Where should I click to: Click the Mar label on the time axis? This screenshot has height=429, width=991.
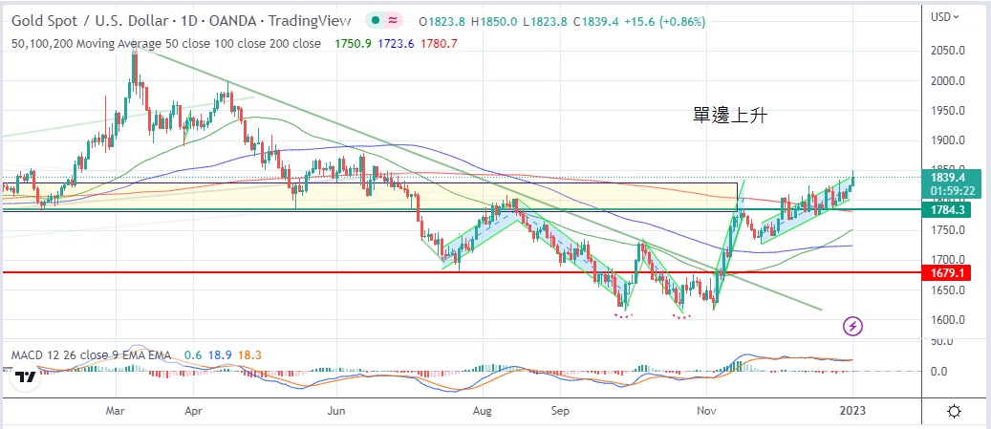coord(118,411)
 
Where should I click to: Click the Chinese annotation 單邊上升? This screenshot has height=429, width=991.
coord(731,116)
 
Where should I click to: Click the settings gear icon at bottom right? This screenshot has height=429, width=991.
coord(954,411)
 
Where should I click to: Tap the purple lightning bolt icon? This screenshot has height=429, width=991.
coord(853,327)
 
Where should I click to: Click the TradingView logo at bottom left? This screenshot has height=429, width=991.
coord(26,377)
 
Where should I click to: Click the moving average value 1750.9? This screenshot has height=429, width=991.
coord(355,43)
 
